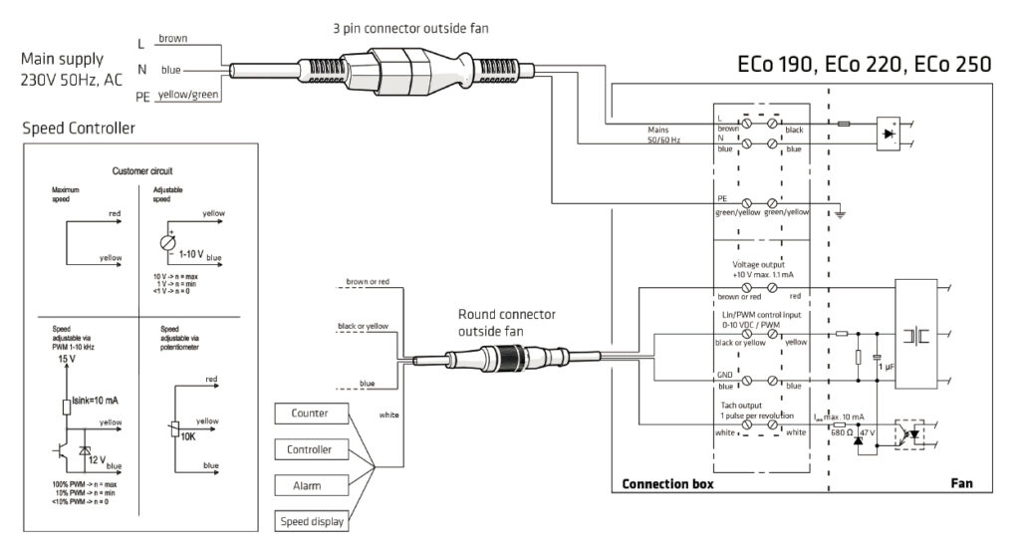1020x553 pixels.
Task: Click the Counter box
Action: pos(309,414)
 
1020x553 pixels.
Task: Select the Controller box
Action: pos(309,449)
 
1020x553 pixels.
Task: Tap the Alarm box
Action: pos(309,484)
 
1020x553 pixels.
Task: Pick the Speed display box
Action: pos(309,519)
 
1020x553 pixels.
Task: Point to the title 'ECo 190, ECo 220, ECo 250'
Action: pos(864,66)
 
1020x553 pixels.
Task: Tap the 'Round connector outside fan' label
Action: pos(507,322)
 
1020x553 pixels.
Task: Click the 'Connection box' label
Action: pos(667,484)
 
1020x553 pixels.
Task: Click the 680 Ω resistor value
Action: pos(839,434)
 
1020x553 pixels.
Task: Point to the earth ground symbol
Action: pos(842,212)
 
